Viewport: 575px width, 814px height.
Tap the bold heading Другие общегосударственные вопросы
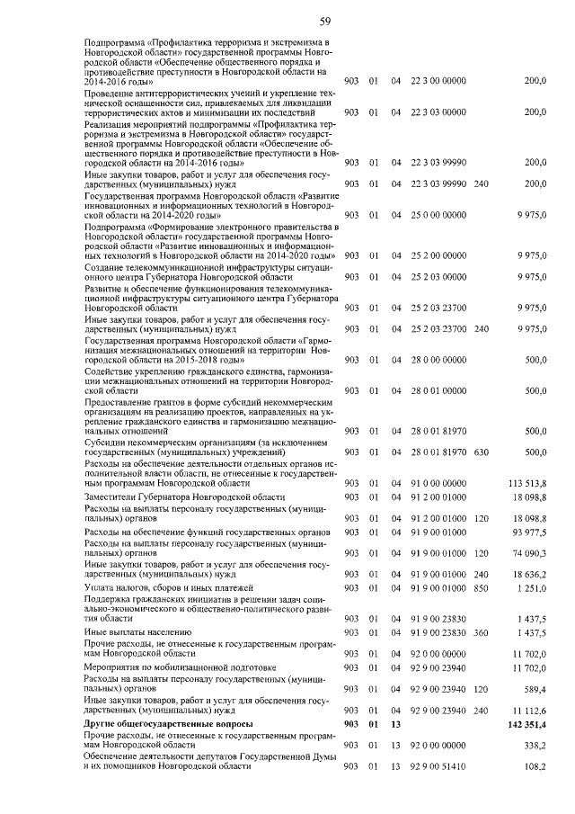pyautogui.click(x=169, y=723)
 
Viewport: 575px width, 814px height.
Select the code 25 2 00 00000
pyautogui.click(x=438, y=256)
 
